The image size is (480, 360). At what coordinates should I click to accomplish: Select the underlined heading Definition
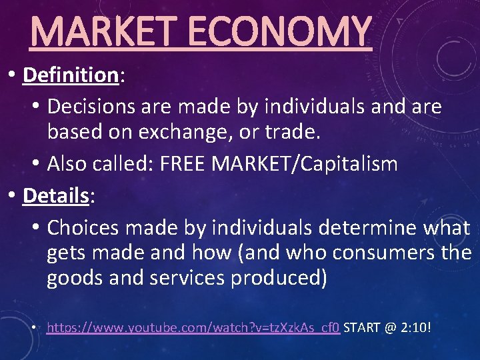point(70,75)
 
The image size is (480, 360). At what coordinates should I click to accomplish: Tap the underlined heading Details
point(56,195)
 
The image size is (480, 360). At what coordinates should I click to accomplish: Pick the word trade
point(292,133)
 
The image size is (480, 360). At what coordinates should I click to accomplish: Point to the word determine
point(376,228)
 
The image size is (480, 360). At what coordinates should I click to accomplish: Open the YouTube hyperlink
point(193,328)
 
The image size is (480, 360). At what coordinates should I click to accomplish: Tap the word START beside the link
point(363,328)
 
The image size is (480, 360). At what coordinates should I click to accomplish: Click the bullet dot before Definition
point(13,75)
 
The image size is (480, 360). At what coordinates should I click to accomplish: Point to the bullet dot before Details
point(13,195)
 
